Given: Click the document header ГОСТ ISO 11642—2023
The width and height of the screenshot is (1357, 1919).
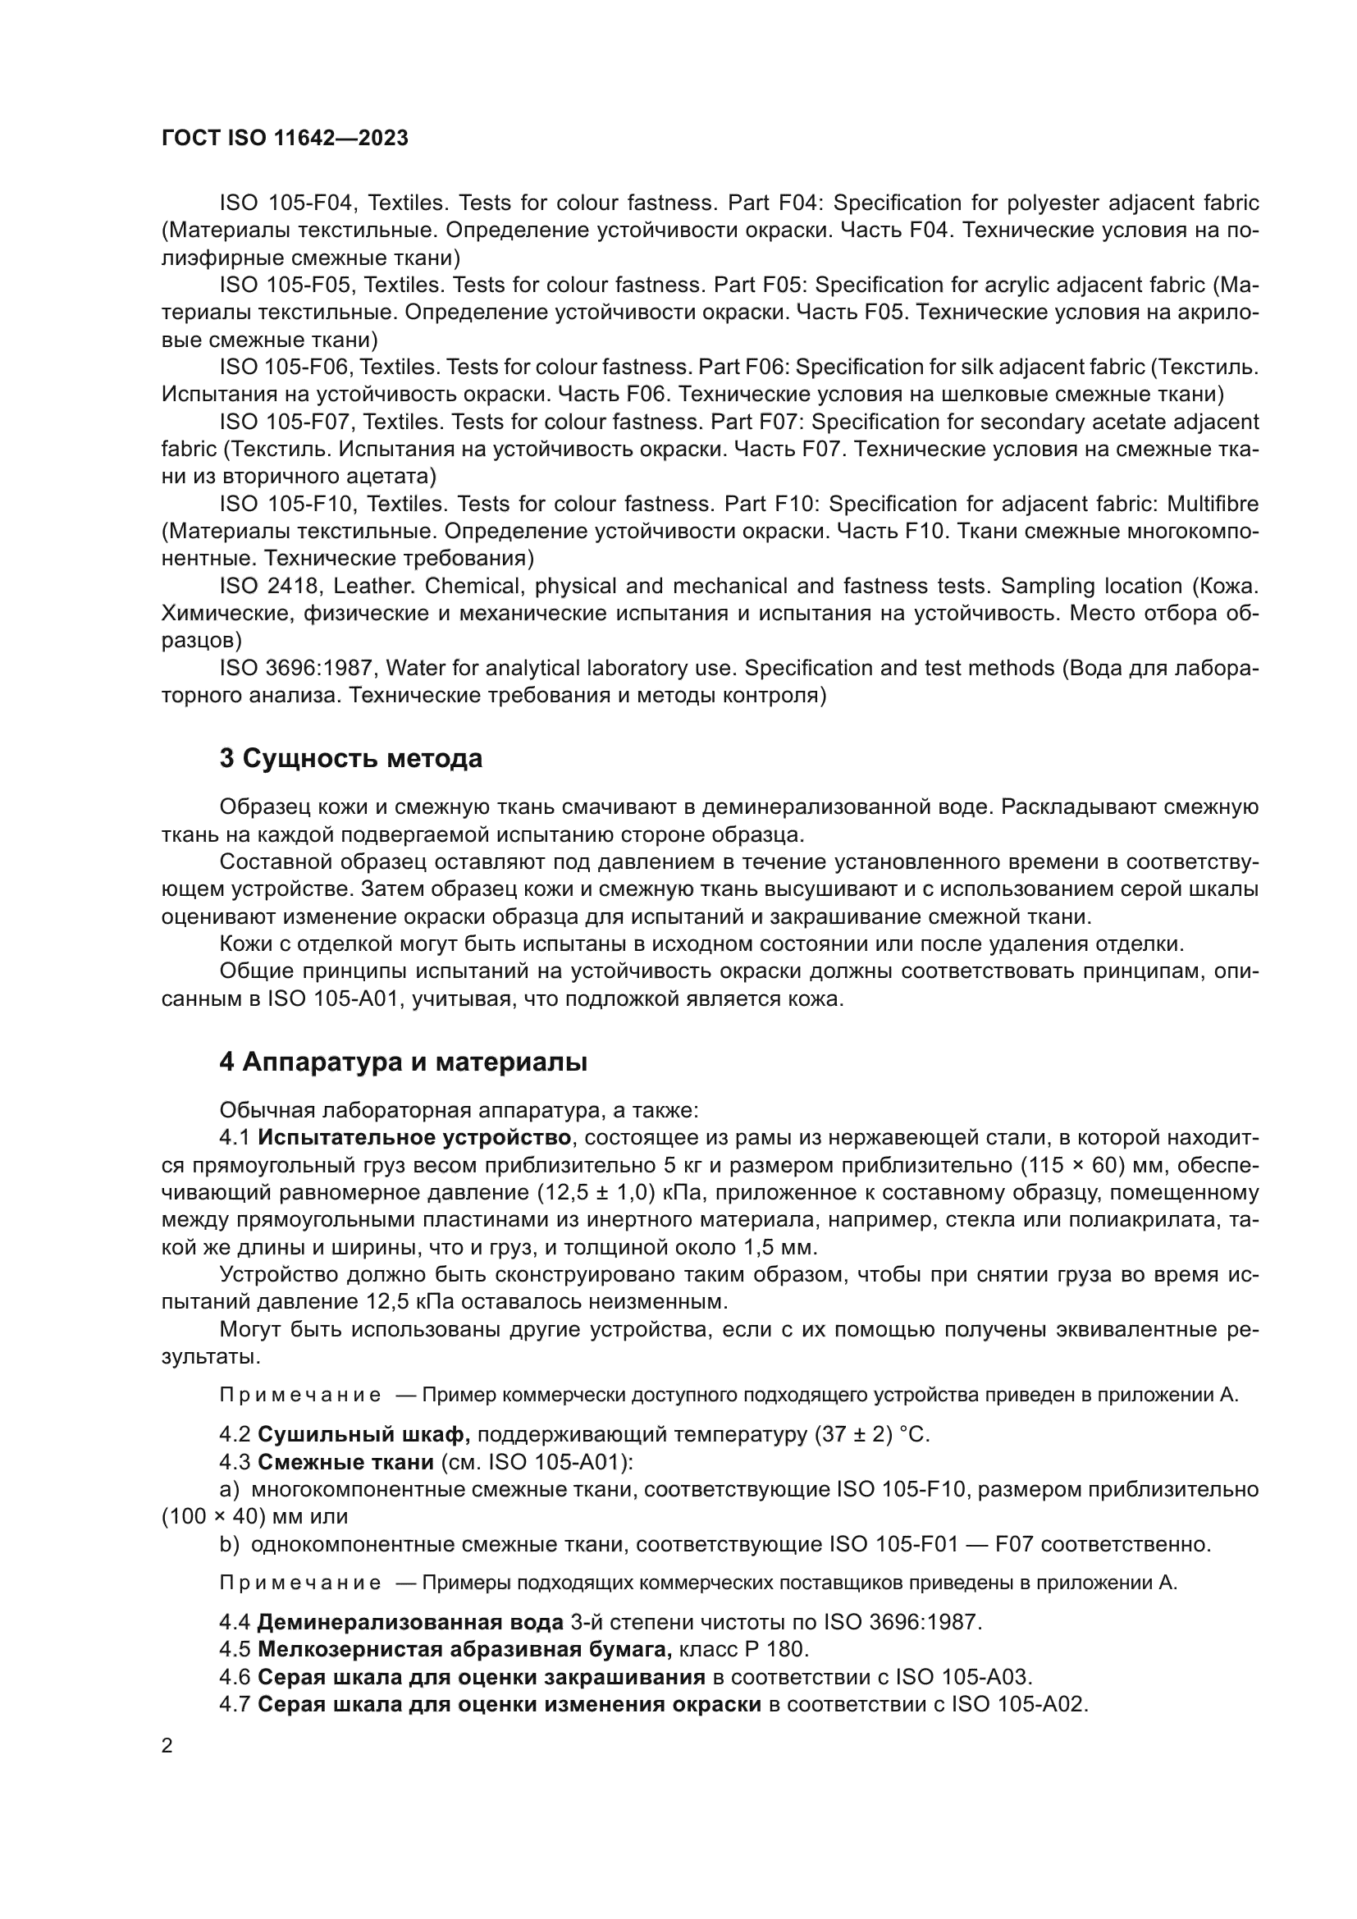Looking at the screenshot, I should (284, 139).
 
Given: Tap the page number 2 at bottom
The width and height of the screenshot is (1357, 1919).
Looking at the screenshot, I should (167, 1746).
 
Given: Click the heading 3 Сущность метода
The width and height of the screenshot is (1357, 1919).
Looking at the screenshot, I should (350, 759).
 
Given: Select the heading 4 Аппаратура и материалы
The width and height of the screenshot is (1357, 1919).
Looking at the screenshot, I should (403, 1062).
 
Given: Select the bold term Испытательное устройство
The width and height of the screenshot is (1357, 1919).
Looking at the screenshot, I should (413, 1137).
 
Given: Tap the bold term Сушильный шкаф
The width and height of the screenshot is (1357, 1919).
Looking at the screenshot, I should (363, 1434).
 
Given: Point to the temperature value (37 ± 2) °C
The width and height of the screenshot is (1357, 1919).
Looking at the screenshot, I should (870, 1434).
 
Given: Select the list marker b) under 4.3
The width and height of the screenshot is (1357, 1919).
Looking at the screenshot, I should (228, 1544).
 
